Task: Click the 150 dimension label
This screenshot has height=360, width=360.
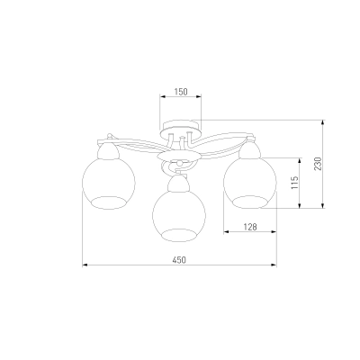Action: click(180, 92)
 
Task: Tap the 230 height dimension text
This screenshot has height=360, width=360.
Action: click(318, 164)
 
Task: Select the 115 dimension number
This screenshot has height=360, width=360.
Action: click(295, 183)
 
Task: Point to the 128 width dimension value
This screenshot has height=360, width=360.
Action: click(250, 227)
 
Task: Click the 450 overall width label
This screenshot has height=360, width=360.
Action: click(179, 260)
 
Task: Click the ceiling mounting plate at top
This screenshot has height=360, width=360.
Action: click(180, 130)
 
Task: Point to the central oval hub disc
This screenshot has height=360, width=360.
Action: click(179, 157)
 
